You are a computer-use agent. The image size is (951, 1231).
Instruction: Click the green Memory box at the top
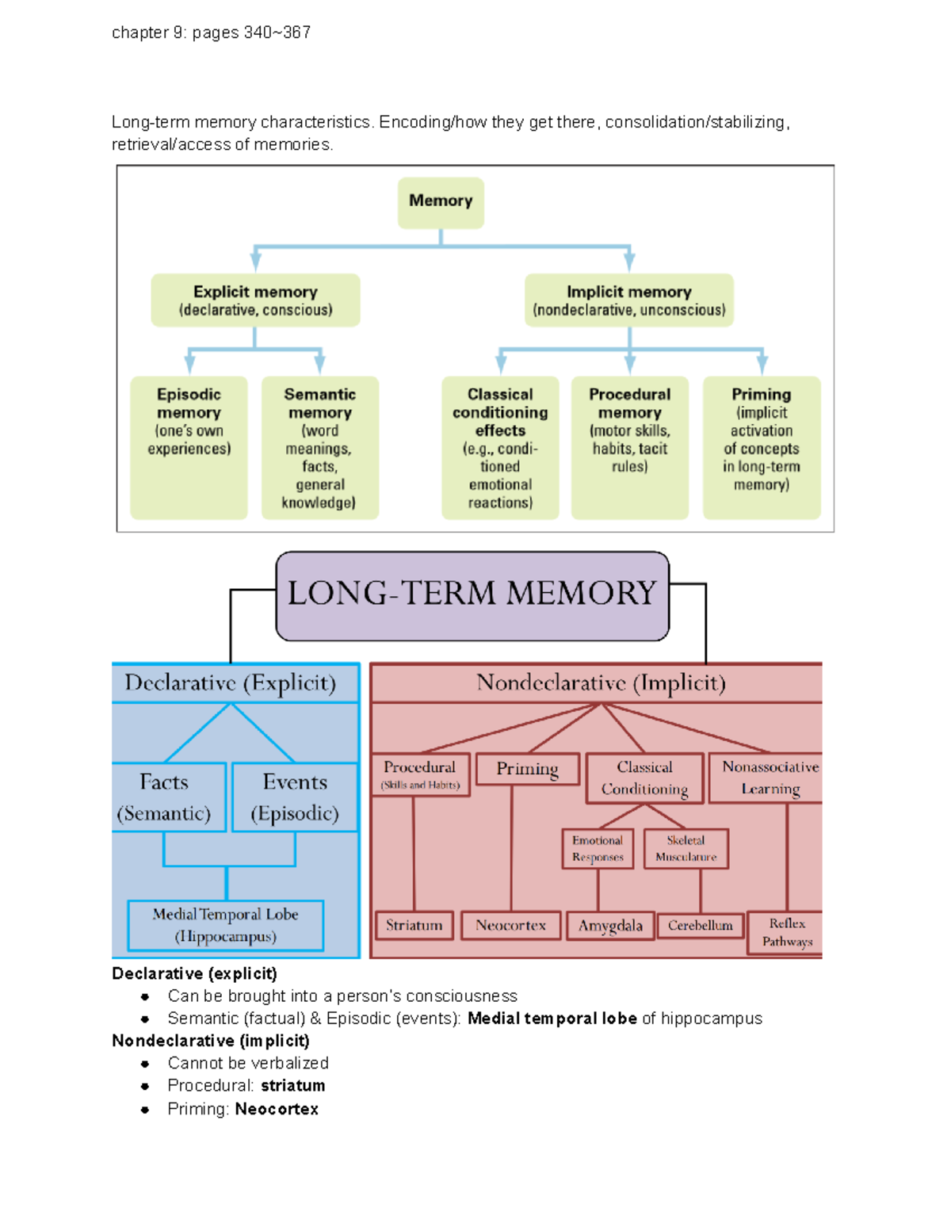pos(441,202)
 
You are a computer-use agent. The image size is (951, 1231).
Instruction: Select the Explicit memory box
pos(255,300)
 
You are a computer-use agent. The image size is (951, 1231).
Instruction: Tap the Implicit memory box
pos(629,300)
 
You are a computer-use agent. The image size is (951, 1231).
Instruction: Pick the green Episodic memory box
pos(189,447)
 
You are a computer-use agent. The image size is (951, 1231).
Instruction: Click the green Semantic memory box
pos(320,447)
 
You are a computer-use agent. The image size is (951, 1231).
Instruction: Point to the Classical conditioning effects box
pos(500,447)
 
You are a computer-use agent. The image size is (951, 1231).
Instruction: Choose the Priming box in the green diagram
pos(762,447)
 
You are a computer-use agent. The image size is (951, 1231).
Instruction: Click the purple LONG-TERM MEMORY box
pos(472,595)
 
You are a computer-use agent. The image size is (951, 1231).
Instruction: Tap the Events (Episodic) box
pos(295,797)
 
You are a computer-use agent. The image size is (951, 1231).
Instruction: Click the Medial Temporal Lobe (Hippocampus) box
pos(226,925)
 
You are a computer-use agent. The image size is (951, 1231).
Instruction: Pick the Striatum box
pos(414,925)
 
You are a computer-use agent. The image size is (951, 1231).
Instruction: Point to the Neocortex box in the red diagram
pos(511,925)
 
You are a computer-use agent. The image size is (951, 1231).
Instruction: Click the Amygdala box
pos(610,926)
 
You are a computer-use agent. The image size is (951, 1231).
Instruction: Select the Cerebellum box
pos(701,925)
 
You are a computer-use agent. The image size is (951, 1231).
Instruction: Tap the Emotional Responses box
pos(598,848)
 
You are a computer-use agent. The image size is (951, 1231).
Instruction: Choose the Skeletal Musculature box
pos(686,848)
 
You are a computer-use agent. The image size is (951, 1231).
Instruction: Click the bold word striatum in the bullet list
pos(292,1086)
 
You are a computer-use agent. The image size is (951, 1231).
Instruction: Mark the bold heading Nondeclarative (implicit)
pos(211,1041)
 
